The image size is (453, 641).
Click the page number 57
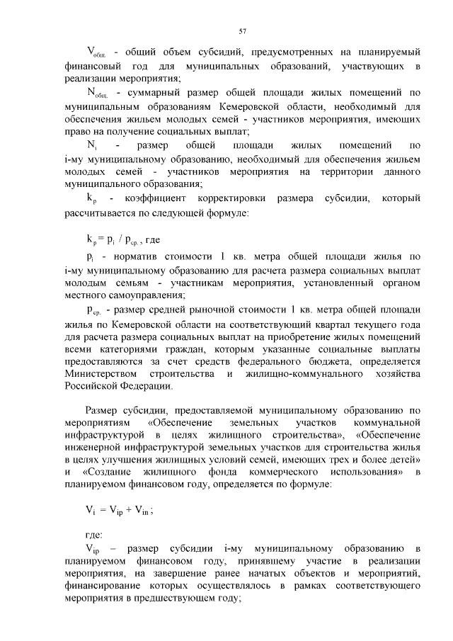(x=242, y=30)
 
